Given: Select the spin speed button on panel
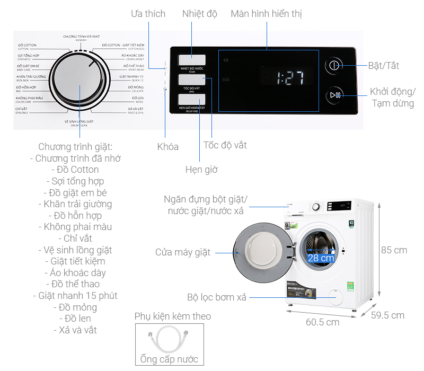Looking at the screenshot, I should pyautogui.click(x=192, y=81).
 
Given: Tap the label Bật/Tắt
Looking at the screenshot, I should pyautogui.click(x=384, y=66).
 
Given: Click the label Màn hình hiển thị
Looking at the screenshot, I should pyautogui.click(x=266, y=14).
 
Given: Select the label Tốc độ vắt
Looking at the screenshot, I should pyautogui.click(x=225, y=145).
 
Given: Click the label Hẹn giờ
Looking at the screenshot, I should pyautogui.click(x=201, y=170).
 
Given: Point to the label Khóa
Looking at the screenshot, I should pyautogui.click(x=168, y=147).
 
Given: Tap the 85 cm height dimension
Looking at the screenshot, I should pyautogui.click(x=394, y=250).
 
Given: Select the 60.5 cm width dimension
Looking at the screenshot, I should pyautogui.click(x=322, y=322).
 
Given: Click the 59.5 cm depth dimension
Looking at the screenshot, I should pyautogui.click(x=387, y=315).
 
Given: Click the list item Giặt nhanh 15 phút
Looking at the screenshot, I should pyautogui.click(x=75, y=296).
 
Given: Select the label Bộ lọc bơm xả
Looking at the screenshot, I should pyautogui.click(x=217, y=297).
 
